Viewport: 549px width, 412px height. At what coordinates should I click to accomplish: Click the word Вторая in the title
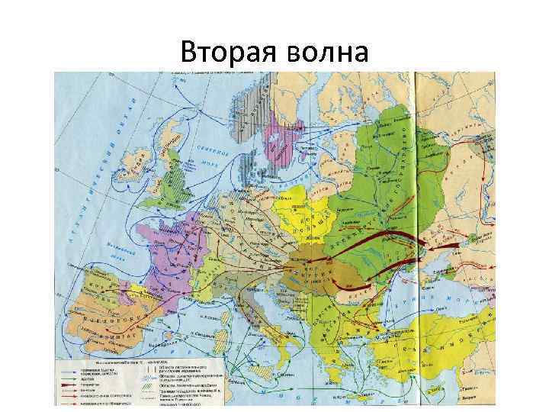click(x=225, y=53)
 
